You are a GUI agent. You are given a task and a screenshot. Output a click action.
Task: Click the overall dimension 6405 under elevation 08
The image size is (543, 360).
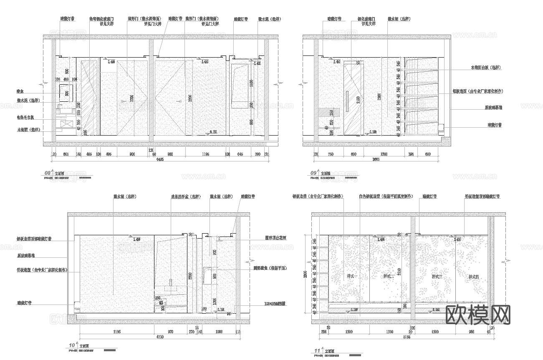(x=160, y=159)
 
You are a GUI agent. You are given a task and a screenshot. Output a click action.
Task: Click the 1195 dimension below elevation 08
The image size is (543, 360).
(x=205, y=154)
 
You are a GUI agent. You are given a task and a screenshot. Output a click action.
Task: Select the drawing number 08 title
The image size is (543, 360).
(x=47, y=172)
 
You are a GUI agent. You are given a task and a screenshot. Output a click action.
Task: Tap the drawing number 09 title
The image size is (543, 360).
(x=313, y=172)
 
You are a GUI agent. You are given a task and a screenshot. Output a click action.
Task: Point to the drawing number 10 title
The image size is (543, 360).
(x=72, y=345)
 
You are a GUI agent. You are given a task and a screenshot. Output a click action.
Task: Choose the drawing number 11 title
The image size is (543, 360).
(x=317, y=351)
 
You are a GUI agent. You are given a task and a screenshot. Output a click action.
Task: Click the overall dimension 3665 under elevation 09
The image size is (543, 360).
(x=376, y=159)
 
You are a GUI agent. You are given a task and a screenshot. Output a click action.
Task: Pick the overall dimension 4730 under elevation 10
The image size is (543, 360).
(x=160, y=336)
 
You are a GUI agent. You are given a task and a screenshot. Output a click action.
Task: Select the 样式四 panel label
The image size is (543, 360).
(x=473, y=276)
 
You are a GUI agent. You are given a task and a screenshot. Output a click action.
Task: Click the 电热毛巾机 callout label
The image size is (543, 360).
(x=28, y=118)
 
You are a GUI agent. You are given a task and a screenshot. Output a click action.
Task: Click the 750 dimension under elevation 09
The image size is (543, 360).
(x=331, y=154)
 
